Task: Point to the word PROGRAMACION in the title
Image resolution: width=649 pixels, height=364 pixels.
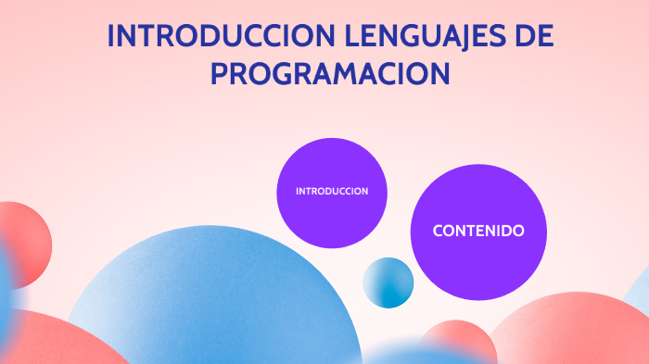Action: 330,73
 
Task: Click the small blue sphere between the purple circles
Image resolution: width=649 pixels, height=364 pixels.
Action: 388,282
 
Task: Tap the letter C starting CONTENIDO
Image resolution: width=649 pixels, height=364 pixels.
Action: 438,231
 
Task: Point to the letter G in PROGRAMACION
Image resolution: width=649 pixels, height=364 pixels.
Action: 285,73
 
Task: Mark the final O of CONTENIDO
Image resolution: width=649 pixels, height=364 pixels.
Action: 518,231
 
